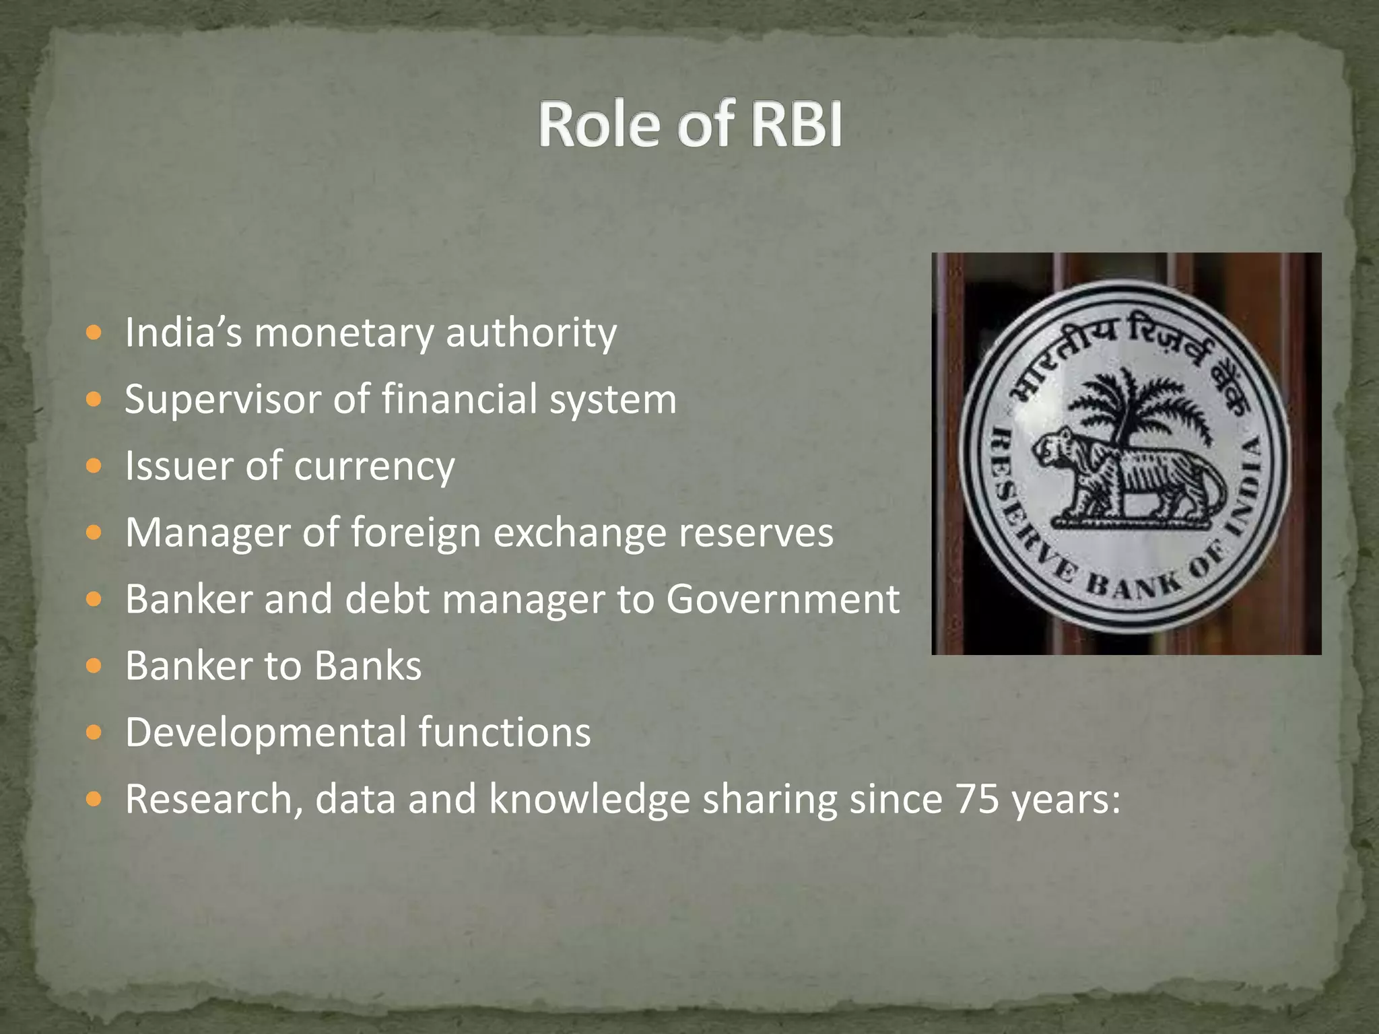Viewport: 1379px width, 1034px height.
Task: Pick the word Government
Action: click(x=782, y=599)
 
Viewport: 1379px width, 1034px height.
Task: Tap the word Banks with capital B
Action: click(x=368, y=666)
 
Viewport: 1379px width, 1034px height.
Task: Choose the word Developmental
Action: click(x=265, y=732)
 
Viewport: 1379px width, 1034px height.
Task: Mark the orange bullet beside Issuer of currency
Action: click(x=94, y=466)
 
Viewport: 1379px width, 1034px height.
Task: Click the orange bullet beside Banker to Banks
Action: click(x=94, y=666)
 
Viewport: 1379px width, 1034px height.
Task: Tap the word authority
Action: click(x=531, y=333)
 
